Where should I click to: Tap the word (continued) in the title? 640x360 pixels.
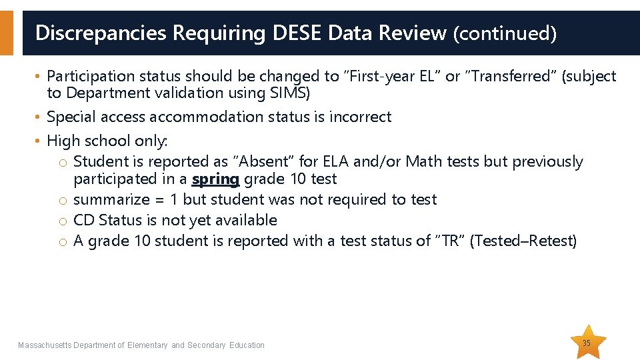click(505, 33)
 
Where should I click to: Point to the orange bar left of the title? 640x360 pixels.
click(6, 32)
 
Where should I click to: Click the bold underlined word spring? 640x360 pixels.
click(215, 179)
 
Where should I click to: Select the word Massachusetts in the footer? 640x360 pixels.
click(45, 345)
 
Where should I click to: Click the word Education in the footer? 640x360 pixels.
click(247, 345)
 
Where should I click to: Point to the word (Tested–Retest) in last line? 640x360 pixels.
click(523, 241)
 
